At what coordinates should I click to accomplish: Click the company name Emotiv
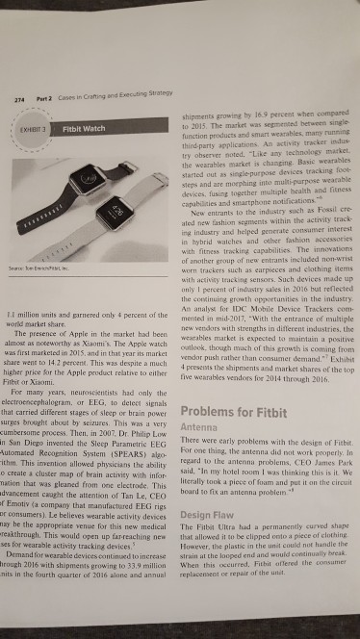[x=32, y=511]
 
